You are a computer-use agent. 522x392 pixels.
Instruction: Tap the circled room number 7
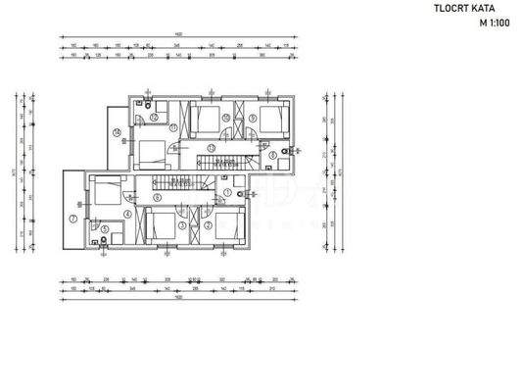pos(72,218)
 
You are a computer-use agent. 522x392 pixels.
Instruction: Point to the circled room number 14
pos(117,131)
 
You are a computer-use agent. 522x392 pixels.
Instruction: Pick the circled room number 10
pos(225,117)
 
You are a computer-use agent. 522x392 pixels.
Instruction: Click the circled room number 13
pos(210,147)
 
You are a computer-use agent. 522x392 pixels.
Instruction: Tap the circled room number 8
pos(271,154)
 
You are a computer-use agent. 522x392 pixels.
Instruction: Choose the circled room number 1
pos(226,192)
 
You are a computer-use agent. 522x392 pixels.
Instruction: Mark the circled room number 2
pos(208,224)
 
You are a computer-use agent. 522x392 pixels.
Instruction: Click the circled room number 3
pos(182,224)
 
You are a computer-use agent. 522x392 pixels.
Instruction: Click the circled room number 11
pos(172,127)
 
